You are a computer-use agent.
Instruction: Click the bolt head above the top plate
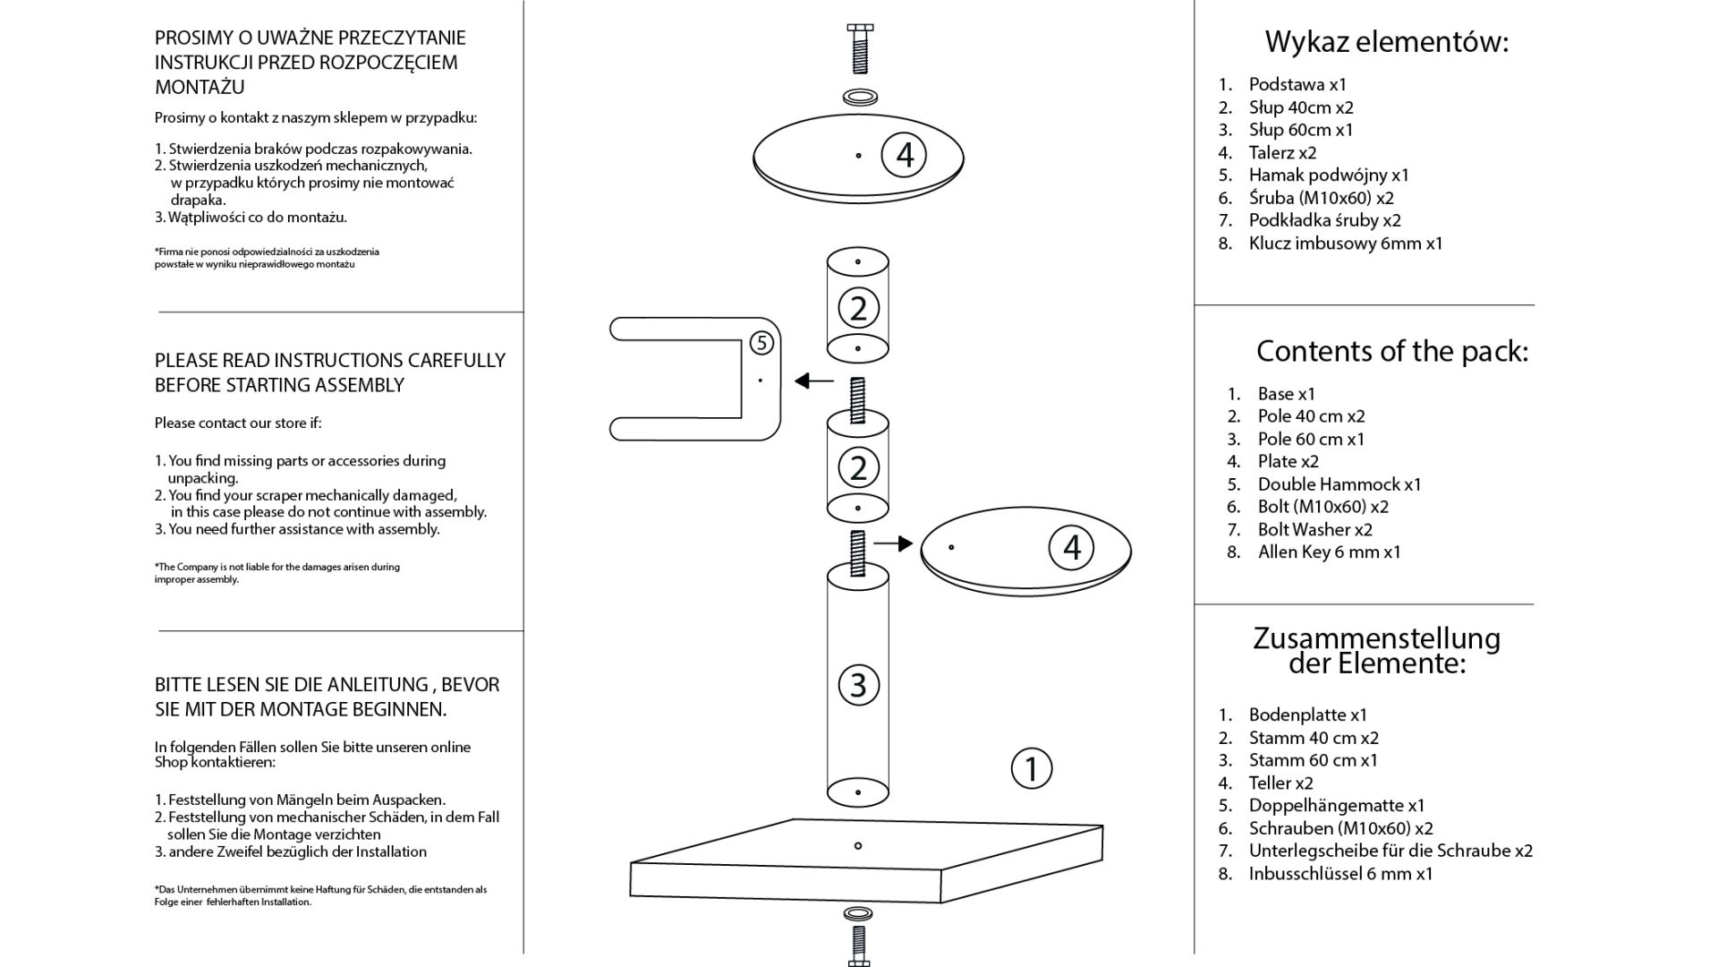859,30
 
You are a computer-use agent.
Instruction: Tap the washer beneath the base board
859,914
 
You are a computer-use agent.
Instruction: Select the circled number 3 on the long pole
858,685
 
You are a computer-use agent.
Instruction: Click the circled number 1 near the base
1031,768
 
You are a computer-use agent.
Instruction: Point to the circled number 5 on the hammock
761,342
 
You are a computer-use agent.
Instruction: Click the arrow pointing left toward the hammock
814,381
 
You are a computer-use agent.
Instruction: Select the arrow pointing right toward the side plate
893,543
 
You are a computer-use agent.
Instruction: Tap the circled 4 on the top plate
904,155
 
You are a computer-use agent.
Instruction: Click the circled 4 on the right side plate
1071,547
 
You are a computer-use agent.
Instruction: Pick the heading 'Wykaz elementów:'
1386,42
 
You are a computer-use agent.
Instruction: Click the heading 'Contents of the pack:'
1391,351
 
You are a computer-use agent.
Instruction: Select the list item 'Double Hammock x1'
1339,484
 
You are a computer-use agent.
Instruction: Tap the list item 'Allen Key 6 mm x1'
1329,552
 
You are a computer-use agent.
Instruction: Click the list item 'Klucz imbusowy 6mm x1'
1345,244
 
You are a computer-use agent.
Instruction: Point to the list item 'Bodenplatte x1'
1307,715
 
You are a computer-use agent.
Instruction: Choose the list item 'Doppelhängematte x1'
1336,806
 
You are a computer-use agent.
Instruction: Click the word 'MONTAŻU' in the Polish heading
200,88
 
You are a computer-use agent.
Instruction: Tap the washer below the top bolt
859,96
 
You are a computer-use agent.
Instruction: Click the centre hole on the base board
858,845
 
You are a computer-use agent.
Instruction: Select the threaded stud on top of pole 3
858,552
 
